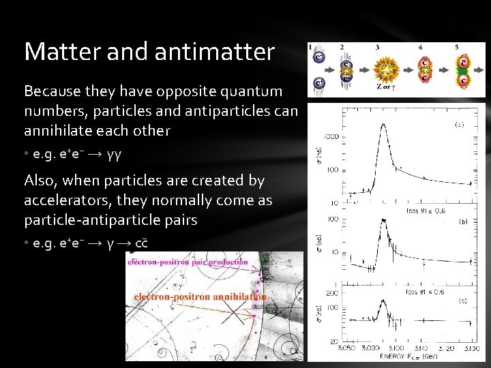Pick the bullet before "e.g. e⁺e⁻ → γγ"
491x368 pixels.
pyautogui.click(x=27, y=155)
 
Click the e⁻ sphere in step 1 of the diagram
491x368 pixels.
pyautogui.click(x=318, y=59)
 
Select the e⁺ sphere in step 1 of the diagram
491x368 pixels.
pyautogui.click(x=318, y=82)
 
